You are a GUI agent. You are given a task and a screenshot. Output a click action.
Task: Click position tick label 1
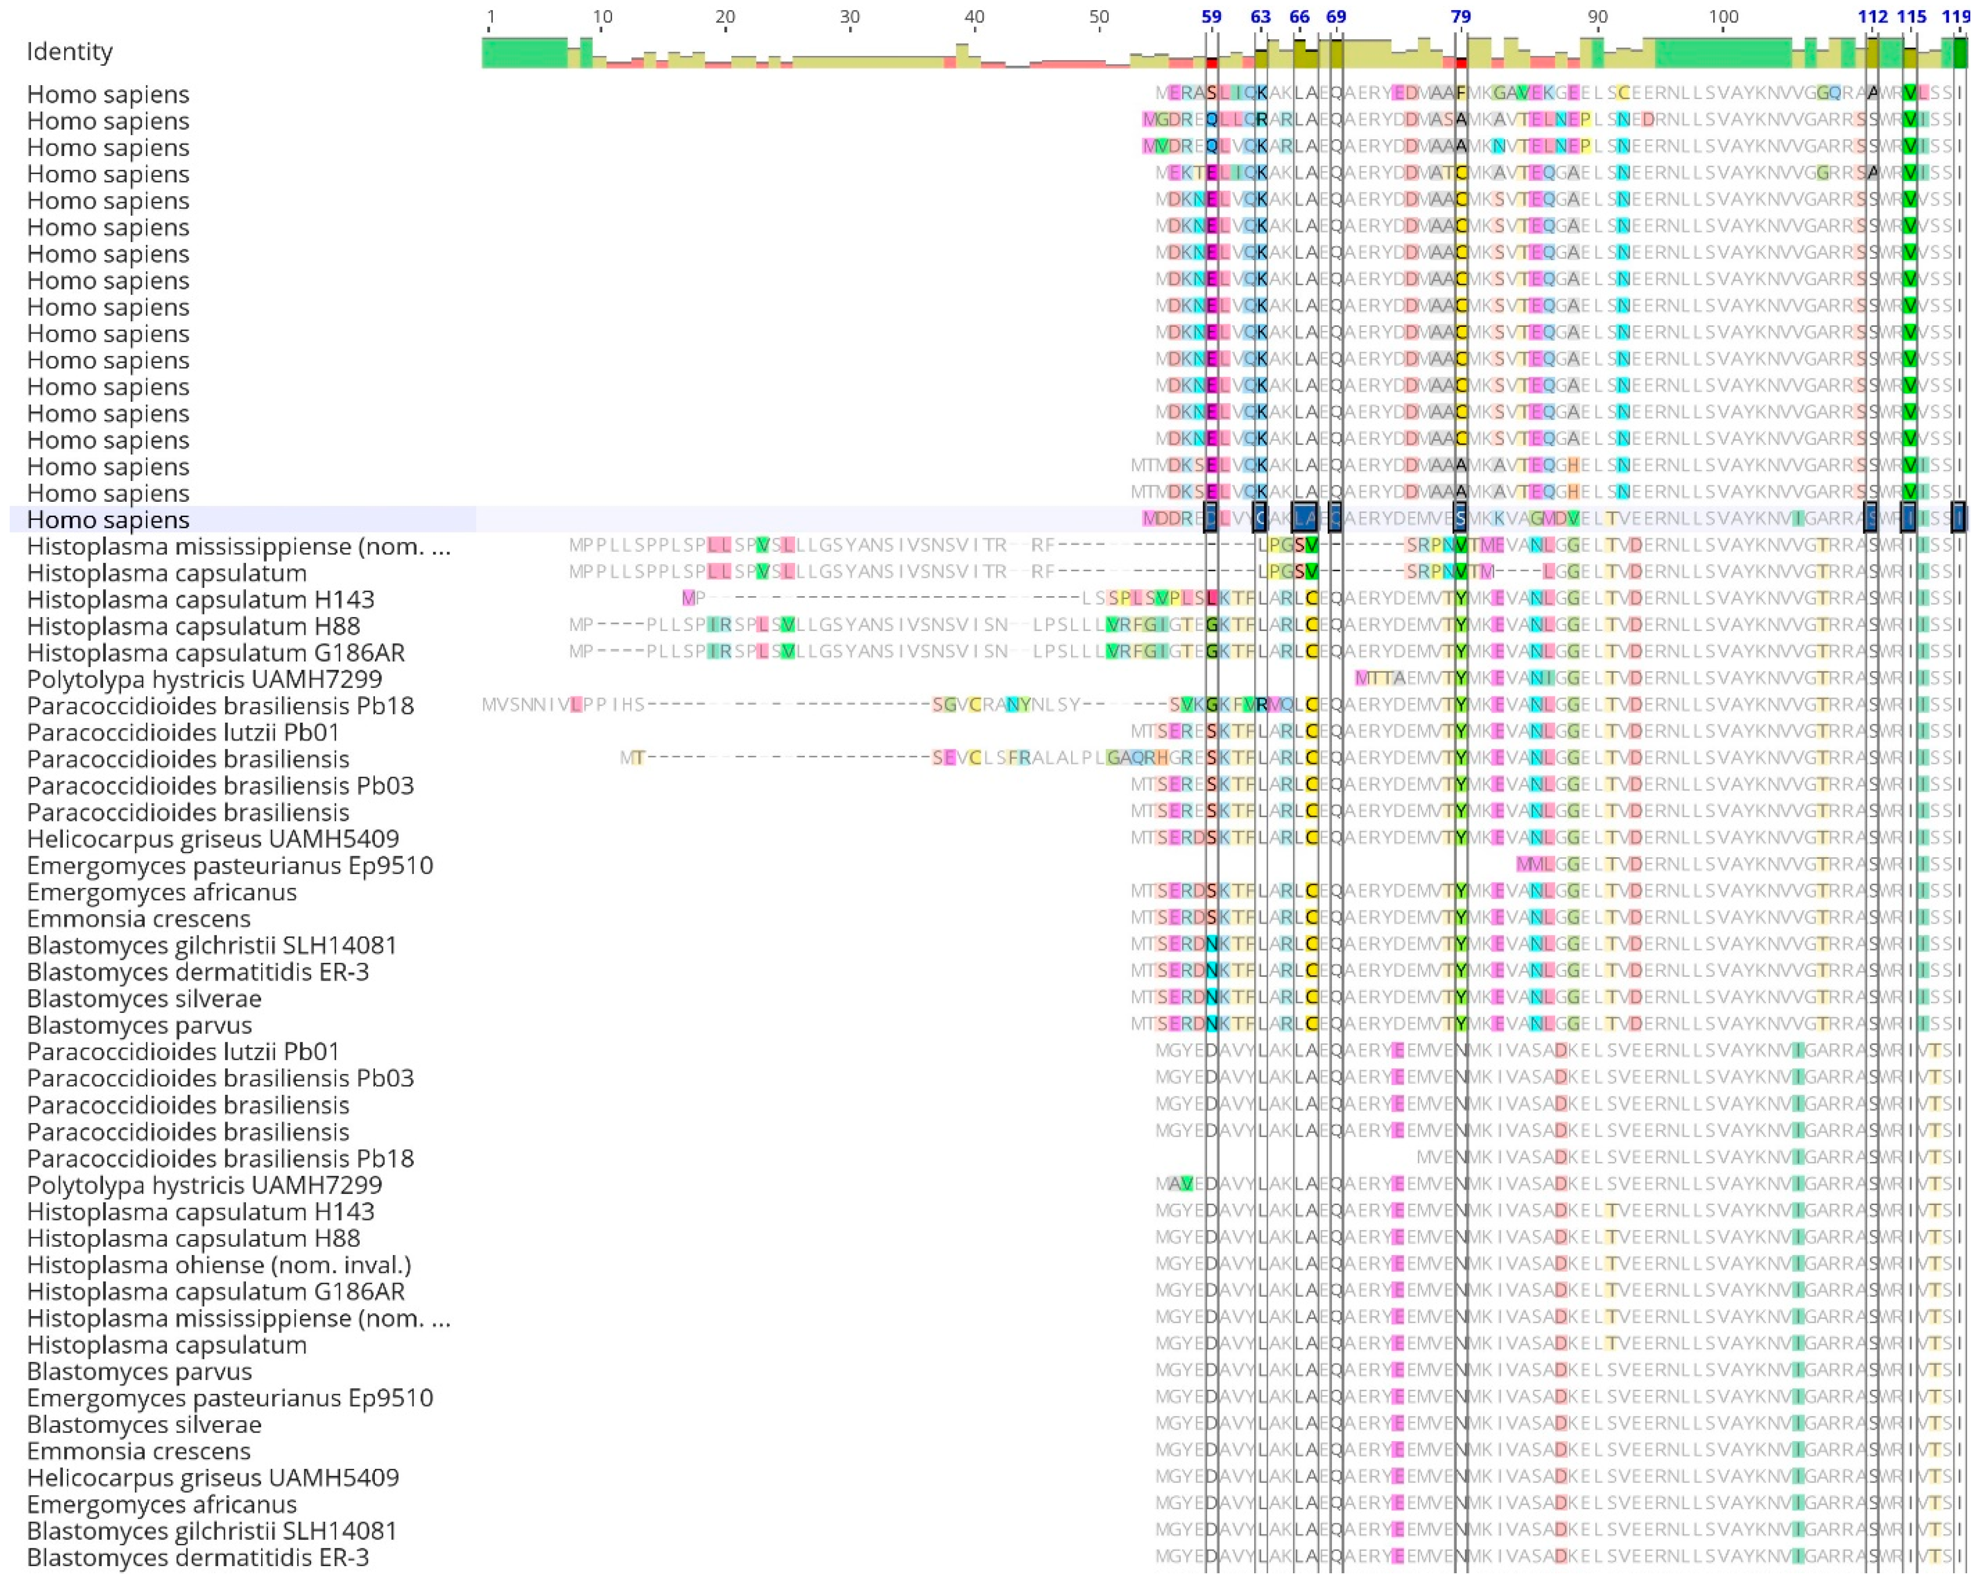(491, 16)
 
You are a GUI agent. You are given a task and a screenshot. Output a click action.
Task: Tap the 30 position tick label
(850, 16)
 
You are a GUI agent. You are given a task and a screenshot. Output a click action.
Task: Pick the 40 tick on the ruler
(974, 16)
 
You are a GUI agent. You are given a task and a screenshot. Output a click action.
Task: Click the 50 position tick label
(1099, 16)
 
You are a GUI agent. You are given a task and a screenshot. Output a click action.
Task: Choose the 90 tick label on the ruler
(1598, 16)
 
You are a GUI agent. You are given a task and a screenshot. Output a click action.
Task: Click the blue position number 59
(1211, 16)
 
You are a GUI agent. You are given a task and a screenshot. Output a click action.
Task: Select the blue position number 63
(1261, 16)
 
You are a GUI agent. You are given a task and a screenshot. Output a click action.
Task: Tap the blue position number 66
(1299, 16)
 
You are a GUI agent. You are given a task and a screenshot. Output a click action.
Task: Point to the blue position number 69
(1336, 16)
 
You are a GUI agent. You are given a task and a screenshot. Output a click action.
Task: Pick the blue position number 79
(1461, 16)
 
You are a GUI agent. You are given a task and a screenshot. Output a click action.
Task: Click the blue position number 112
(1872, 16)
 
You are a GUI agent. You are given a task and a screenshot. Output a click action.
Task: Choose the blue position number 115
(1911, 16)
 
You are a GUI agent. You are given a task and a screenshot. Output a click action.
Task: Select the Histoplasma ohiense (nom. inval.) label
(219, 1265)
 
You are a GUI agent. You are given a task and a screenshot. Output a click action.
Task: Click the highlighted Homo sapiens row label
(109, 520)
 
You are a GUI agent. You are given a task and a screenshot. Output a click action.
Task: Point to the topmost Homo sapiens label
(109, 95)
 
